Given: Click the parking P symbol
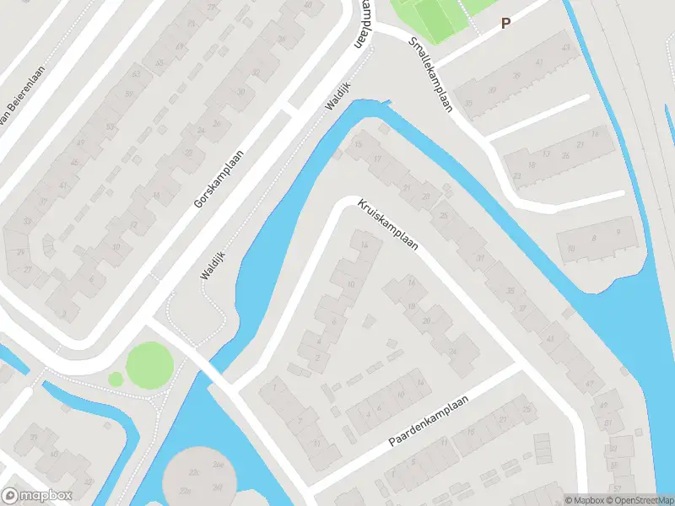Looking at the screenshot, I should (505, 24).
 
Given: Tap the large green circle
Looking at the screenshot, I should (149, 365).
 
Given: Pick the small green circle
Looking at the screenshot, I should (115, 380).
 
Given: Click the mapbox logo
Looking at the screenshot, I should (36, 495).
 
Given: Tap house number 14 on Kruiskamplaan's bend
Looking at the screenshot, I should (364, 245).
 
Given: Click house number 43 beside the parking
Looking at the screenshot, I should (540, 61).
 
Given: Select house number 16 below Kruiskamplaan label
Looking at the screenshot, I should (412, 281).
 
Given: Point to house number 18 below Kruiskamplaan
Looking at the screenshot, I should (412, 305).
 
